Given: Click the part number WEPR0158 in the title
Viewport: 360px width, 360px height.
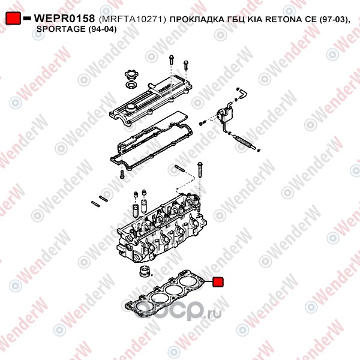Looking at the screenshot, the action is [64, 19].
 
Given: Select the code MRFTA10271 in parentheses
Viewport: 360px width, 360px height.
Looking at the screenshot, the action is [133, 19].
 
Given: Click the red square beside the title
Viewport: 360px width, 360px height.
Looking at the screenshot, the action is [13, 18].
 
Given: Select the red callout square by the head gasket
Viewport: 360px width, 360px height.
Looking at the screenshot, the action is [218, 282].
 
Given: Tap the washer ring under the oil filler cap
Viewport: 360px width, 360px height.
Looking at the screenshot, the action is [131, 85].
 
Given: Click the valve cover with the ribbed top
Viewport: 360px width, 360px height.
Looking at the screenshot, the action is [151, 101].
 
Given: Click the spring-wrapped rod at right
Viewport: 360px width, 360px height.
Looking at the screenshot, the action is [244, 142].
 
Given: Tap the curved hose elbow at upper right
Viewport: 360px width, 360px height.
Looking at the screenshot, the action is [242, 94].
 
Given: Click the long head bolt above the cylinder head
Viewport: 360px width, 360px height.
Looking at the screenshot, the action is [200, 170].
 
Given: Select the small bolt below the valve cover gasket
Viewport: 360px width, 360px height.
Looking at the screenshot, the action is [122, 175].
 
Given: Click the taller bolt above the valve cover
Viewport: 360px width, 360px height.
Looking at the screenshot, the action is [171, 59].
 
